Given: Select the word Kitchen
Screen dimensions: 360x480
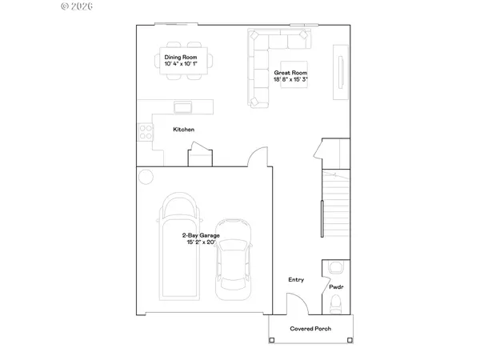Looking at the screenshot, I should (x=184, y=130).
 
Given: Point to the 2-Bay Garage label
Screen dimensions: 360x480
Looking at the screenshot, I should (x=201, y=236).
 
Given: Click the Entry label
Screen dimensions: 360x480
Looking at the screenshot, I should (x=296, y=279).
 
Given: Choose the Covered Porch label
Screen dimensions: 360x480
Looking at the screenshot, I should (x=310, y=328).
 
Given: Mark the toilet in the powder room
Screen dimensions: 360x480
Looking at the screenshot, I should (x=335, y=302).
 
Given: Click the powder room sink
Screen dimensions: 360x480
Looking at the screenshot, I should (x=335, y=268).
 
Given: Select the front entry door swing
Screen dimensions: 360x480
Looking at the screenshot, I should (x=295, y=304).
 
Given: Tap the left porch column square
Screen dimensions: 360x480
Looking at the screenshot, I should (x=272, y=340).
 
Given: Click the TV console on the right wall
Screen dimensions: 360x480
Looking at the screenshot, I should (x=342, y=70).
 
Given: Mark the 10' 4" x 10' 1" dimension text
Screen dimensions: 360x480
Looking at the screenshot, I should (x=185, y=64).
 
